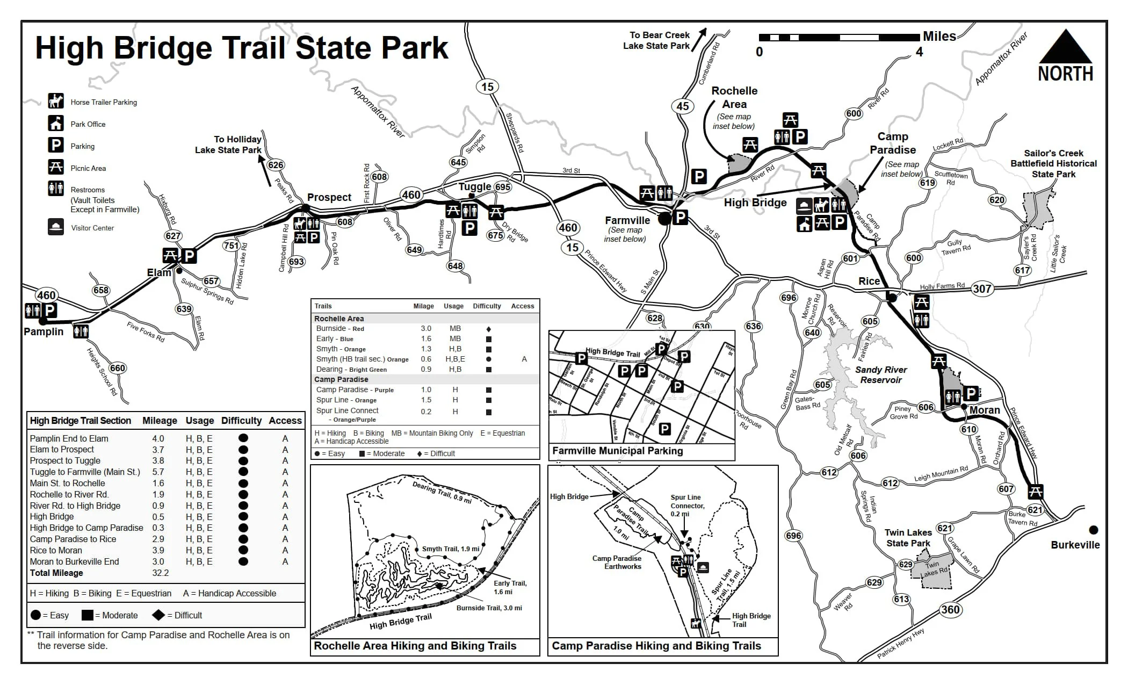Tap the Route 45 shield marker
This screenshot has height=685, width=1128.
(x=682, y=106)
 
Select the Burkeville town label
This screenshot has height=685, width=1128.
(x=1075, y=545)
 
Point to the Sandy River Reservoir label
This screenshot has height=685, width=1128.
(x=881, y=375)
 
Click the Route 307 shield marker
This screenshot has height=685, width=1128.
(x=982, y=289)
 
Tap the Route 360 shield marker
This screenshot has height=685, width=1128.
(x=950, y=609)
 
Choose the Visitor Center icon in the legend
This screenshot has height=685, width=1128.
(x=56, y=227)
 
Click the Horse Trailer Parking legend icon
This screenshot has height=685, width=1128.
(x=56, y=101)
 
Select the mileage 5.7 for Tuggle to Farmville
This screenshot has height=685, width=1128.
(x=158, y=472)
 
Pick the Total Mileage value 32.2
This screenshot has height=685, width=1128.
(x=160, y=573)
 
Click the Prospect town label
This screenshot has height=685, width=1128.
(x=329, y=197)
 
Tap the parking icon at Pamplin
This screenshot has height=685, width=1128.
(x=50, y=310)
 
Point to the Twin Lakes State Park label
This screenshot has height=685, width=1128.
(x=908, y=538)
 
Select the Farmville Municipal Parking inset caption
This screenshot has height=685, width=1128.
(x=617, y=451)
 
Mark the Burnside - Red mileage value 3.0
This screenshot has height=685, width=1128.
(x=425, y=328)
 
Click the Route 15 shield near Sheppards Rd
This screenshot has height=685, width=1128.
(x=487, y=86)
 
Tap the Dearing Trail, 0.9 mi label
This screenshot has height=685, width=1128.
(x=442, y=493)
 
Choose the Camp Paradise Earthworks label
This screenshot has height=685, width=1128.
(x=617, y=562)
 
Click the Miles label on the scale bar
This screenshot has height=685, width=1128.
(x=939, y=37)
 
